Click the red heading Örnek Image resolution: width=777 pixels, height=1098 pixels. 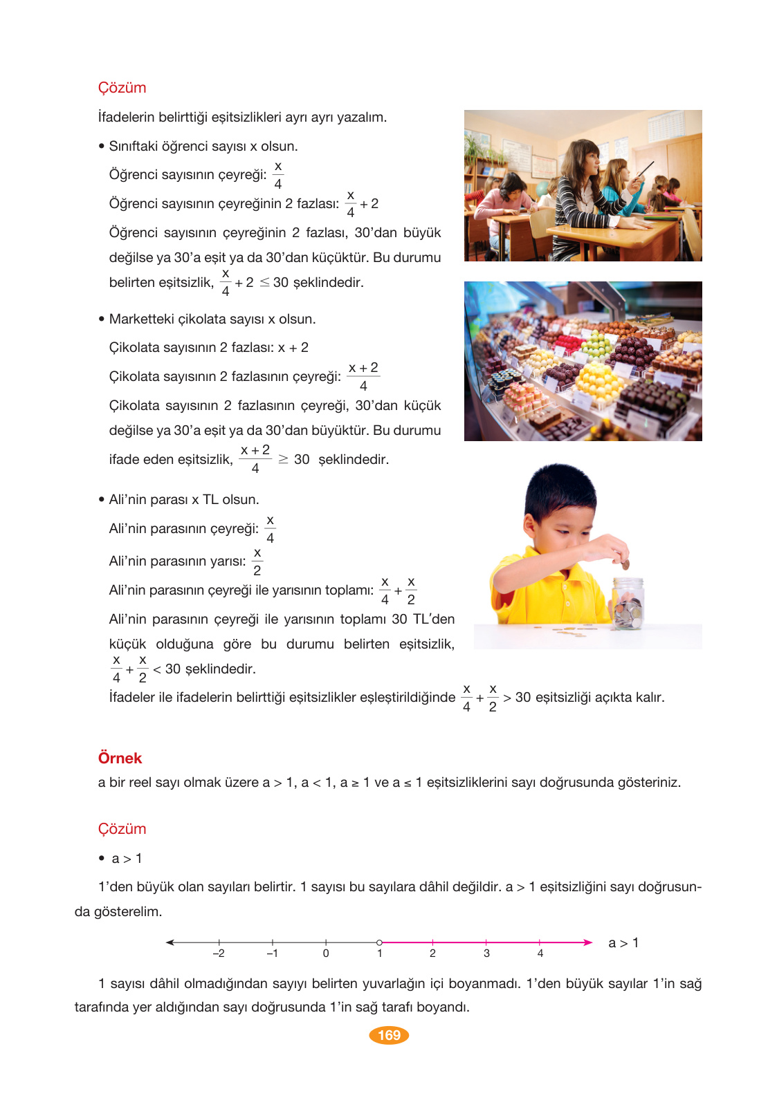120,758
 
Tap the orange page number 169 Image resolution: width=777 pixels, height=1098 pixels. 389,1035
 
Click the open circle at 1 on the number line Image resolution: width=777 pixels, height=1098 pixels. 379,942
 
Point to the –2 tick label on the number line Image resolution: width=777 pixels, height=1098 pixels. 218,953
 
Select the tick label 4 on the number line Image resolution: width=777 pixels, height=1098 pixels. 540,953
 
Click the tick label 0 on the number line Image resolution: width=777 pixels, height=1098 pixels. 326,953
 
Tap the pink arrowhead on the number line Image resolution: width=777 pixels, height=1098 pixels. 587,942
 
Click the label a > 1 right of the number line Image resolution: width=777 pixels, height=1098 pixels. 623,943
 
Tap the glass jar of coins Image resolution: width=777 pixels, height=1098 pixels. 628,605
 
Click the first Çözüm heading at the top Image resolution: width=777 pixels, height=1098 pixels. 122,88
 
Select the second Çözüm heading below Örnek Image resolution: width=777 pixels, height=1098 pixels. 122,829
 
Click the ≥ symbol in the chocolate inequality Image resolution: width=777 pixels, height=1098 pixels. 283,460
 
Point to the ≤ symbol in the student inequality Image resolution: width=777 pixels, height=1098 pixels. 264,283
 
